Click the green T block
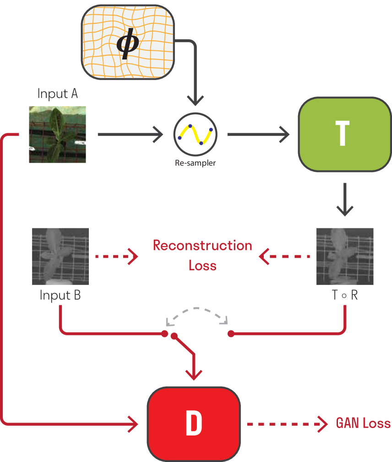pos(344,134)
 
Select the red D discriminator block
pos(194,424)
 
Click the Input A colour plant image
pos(57,134)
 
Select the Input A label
pos(57,94)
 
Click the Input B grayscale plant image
pos(60,256)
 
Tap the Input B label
pos(60,295)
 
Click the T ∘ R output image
pos(345,256)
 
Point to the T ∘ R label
pos(345,295)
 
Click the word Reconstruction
pos(202,246)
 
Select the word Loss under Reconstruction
pos(202,265)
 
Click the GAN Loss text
pos(363,423)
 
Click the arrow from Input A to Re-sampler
pos(131,134)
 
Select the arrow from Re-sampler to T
pos(258,134)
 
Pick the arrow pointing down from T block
pos(345,199)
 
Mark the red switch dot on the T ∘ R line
pos(231,334)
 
